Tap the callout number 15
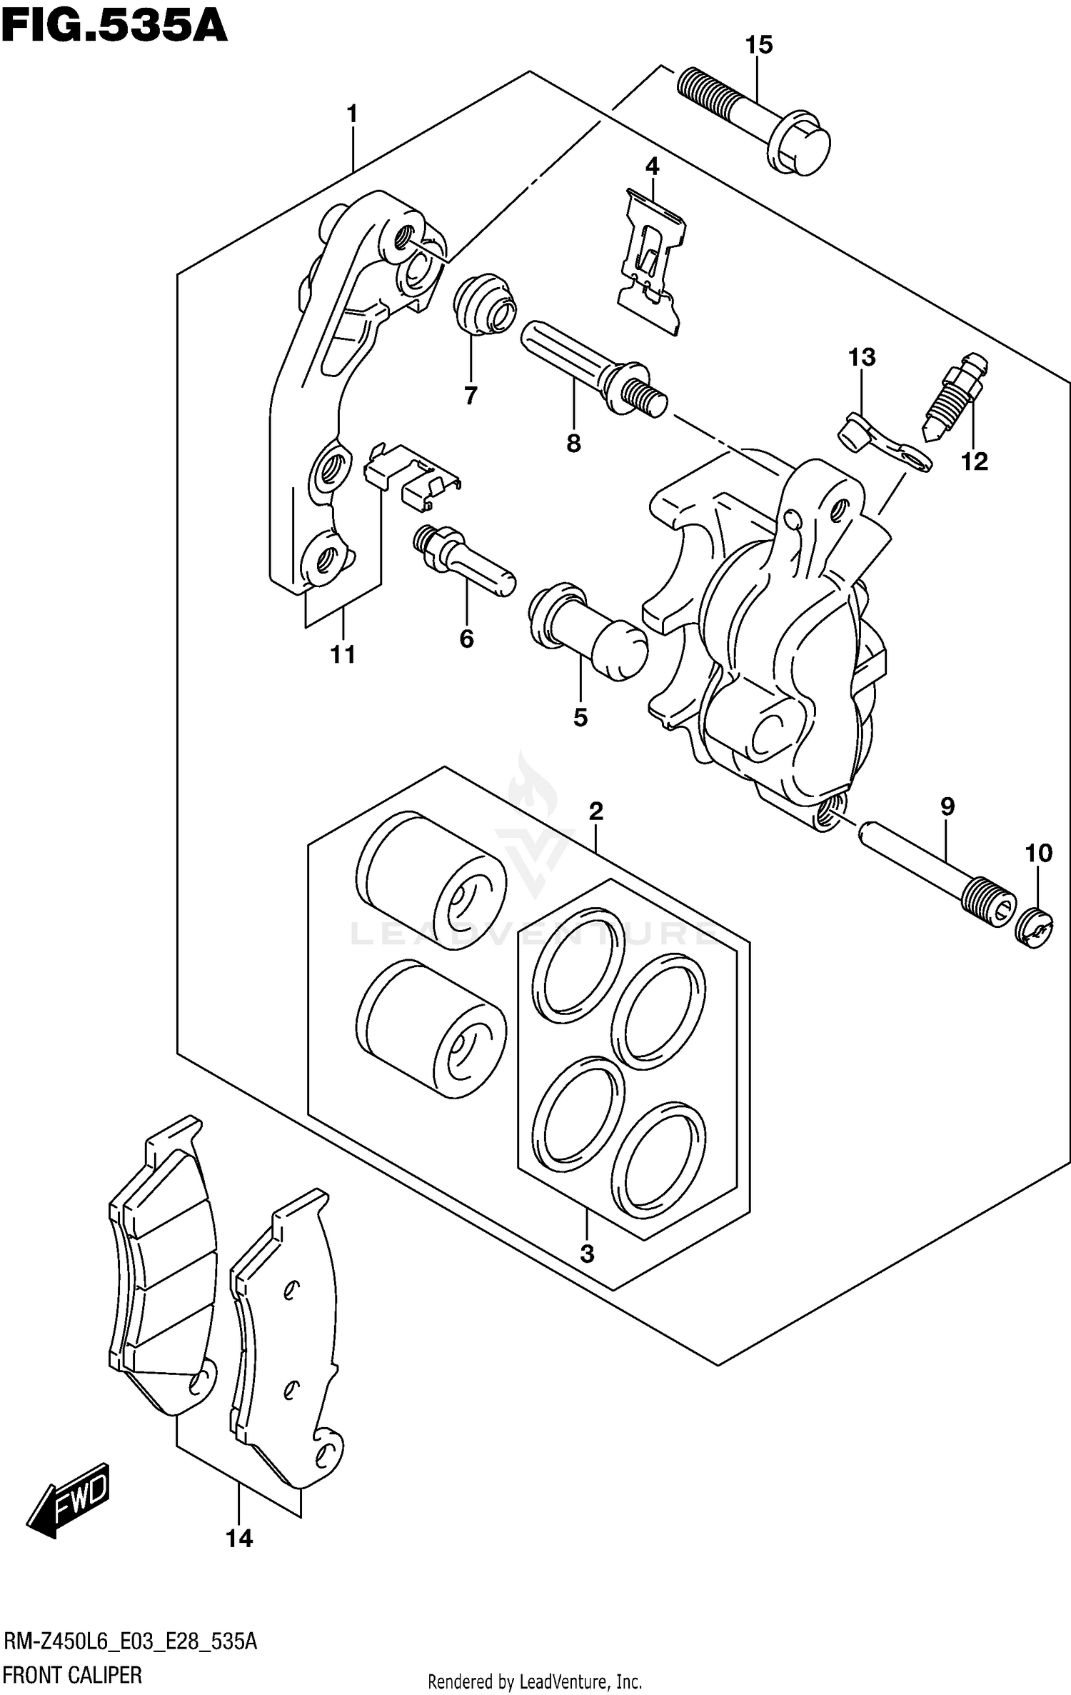point(759,45)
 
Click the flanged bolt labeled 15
point(757,121)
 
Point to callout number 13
point(862,357)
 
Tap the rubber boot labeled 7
point(483,304)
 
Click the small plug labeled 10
point(1034,929)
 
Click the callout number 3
point(587,1254)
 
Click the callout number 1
point(351,114)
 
